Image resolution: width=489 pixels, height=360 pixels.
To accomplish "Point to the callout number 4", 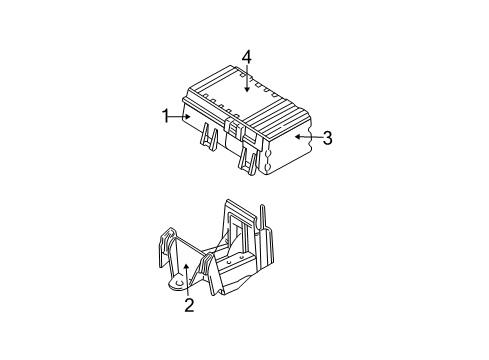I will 245,57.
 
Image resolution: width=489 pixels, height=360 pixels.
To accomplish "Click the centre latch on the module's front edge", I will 233,125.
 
